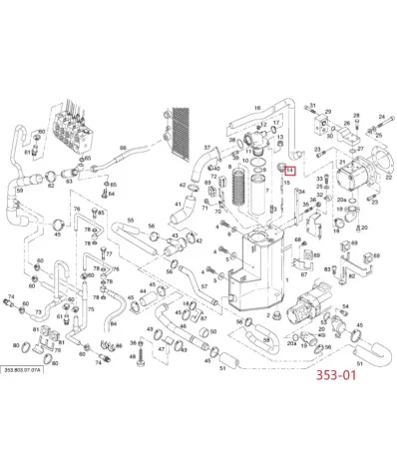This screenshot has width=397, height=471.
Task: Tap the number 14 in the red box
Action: point(289,171)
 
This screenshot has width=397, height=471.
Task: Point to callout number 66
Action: point(123,149)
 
